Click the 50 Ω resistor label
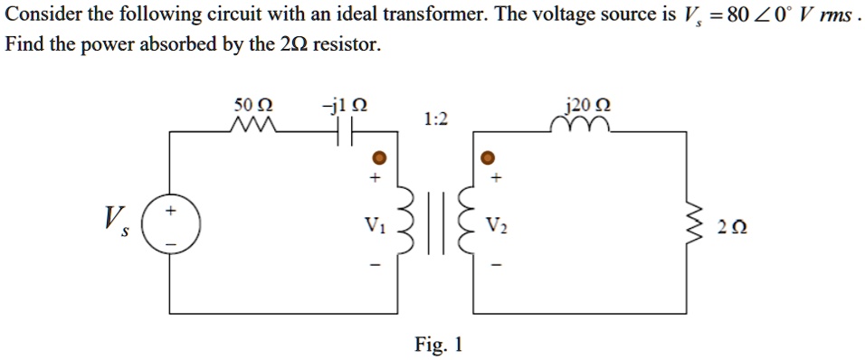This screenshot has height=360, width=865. pos(248,104)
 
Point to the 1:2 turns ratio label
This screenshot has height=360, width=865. pos(433,119)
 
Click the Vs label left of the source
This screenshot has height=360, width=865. pos(115,220)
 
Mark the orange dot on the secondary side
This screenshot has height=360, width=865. pos(488,157)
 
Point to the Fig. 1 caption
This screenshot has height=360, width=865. pos(438,344)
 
